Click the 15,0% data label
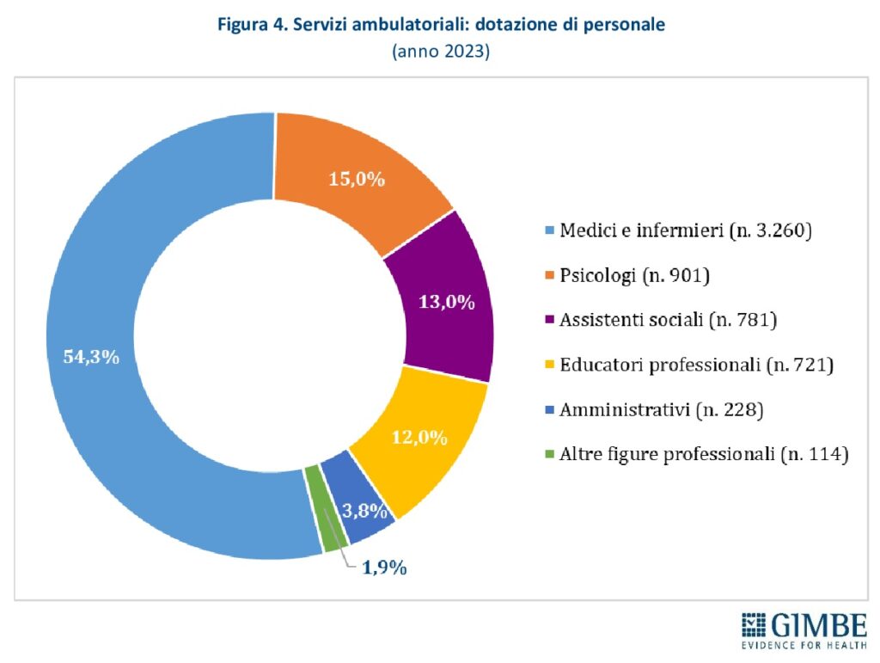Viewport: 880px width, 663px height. [x=357, y=180]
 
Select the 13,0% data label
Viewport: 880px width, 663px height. [x=447, y=302]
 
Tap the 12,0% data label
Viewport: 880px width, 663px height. [x=419, y=438]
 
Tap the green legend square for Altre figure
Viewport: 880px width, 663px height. [x=549, y=455]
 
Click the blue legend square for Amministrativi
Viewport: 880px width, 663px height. [x=549, y=410]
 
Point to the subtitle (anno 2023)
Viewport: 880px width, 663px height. [x=440, y=52]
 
